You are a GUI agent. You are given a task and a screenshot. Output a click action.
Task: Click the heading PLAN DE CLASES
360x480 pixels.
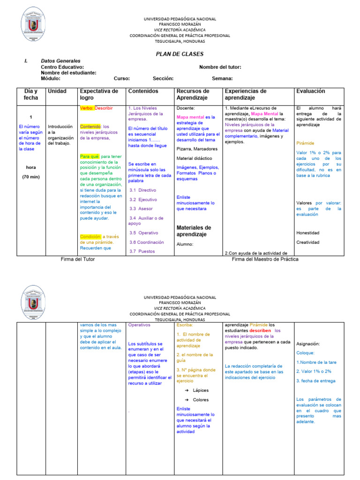(x=180, y=54)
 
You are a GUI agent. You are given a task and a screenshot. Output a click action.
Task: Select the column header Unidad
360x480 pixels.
(x=57, y=91)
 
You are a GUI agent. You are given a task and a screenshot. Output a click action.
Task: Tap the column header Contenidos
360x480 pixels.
(x=143, y=91)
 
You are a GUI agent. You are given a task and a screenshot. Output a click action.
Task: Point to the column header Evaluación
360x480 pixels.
(x=310, y=91)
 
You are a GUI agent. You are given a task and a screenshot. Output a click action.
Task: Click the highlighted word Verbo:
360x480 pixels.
(x=87, y=108)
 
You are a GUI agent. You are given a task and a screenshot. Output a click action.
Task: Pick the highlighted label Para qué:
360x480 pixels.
(x=90, y=157)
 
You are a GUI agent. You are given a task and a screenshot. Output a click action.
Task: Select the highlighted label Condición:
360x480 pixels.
(x=90, y=237)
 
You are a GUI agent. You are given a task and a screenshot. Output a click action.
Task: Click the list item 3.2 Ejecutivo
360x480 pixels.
(x=143, y=200)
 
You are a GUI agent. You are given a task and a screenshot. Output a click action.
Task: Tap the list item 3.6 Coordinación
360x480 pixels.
(x=147, y=242)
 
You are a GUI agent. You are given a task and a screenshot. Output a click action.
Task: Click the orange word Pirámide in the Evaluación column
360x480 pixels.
(x=305, y=143)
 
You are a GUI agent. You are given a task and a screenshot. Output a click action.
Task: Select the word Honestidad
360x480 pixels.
(x=307, y=233)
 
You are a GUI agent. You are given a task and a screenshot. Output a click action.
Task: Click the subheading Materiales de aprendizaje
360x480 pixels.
(x=194, y=231)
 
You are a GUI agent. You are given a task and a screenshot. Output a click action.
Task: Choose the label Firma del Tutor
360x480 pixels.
(x=78, y=259)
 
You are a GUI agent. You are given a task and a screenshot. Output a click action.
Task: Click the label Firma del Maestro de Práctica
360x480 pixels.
(x=265, y=259)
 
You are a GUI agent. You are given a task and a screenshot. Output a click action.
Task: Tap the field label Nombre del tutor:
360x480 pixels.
(x=220, y=67)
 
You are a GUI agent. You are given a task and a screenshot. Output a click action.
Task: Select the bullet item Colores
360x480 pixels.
(x=201, y=400)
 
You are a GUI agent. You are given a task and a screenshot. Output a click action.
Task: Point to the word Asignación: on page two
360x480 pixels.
(x=308, y=344)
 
